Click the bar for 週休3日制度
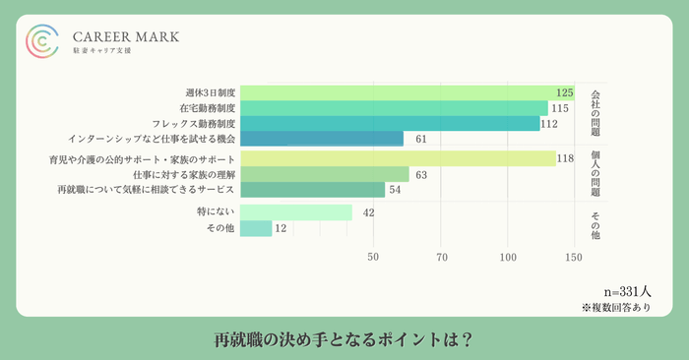pos(394,92)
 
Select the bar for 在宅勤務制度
pos(394,108)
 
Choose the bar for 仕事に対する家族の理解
pos(325,174)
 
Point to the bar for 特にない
pos(296,212)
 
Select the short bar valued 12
pos(256,228)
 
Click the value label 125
pos(564,92)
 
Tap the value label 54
pos(395,190)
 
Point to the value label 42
pos(369,212)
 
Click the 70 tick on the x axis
pos(442,258)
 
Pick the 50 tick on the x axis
pos(373,258)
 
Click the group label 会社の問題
pos(595,115)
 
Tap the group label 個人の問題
pos(595,174)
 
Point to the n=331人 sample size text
pos(628,292)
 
